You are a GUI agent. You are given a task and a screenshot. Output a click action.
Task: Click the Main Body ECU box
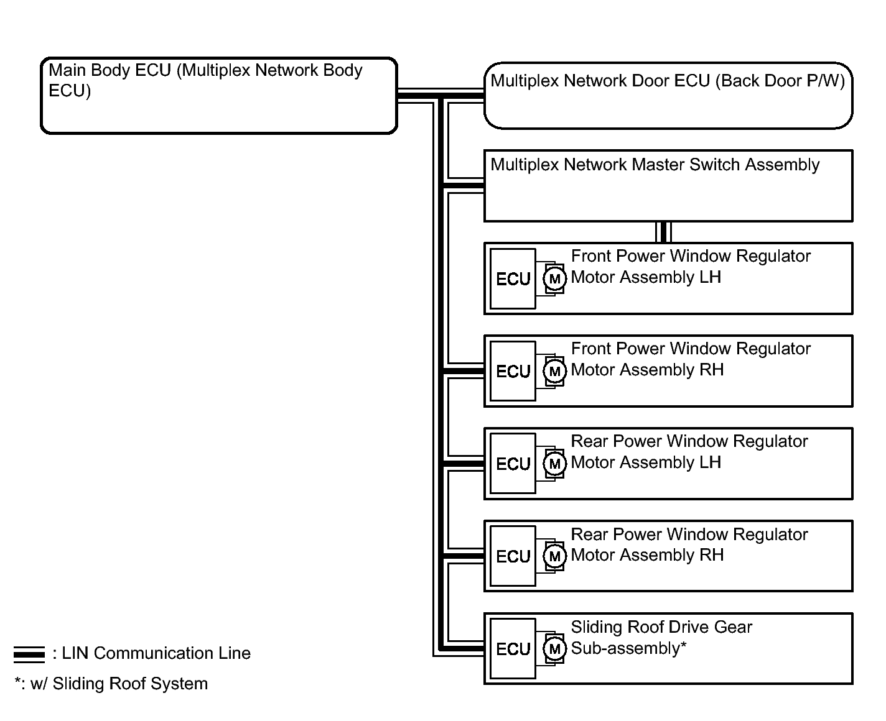click(218, 96)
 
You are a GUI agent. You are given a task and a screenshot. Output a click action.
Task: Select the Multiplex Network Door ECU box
click(668, 96)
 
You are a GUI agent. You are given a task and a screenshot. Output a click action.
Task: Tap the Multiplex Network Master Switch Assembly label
click(655, 165)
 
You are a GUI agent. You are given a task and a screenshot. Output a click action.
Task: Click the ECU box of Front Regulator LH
click(513, 279)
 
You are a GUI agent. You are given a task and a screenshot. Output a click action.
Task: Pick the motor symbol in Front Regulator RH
click(554, 371)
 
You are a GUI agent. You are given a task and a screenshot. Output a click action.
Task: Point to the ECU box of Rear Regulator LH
click(513, 464)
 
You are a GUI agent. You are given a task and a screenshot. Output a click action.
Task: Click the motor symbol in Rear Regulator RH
click(554, 556)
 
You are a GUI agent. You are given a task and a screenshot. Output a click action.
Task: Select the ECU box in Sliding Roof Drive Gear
click(513, 649)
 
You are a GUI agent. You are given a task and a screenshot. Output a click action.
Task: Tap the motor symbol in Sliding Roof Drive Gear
click(554, 649)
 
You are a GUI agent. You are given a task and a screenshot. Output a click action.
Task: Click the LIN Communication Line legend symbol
click(29, 654)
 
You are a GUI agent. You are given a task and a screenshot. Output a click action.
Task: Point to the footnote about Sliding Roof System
click(111, 684)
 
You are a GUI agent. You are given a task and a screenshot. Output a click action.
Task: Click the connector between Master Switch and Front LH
click(663, 232)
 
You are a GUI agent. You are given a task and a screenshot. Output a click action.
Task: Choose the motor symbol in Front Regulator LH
click(554, 279)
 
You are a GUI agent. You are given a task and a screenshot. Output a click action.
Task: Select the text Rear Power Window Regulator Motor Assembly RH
click(689, 544)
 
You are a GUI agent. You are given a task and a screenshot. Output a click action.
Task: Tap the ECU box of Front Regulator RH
click(513, 371)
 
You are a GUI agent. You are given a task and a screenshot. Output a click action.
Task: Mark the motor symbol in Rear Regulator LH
click(554, 464)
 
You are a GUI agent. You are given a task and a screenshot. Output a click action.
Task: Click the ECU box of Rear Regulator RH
click(513, 556)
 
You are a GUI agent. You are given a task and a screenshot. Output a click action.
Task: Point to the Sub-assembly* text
click(628, 648)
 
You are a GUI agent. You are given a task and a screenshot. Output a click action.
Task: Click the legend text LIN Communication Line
click(156, 653)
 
